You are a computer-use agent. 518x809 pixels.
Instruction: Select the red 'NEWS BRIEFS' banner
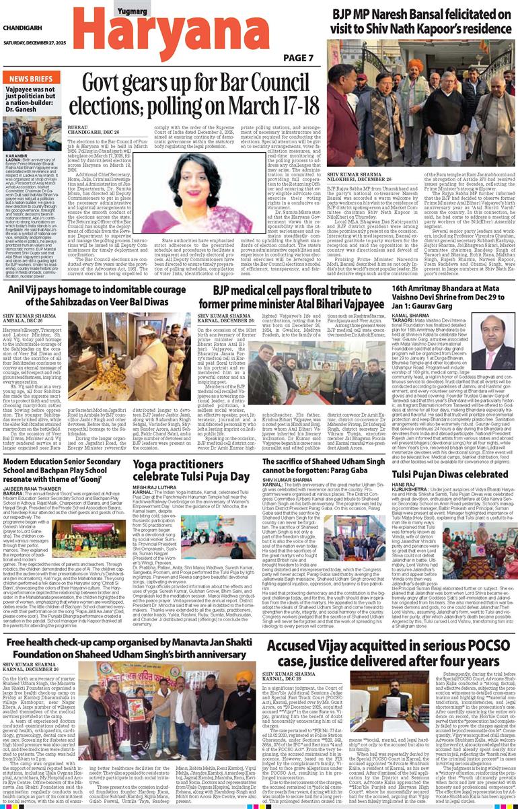click(x=31, y=79)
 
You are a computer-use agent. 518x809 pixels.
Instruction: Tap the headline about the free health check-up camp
click(x=128, y=650)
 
